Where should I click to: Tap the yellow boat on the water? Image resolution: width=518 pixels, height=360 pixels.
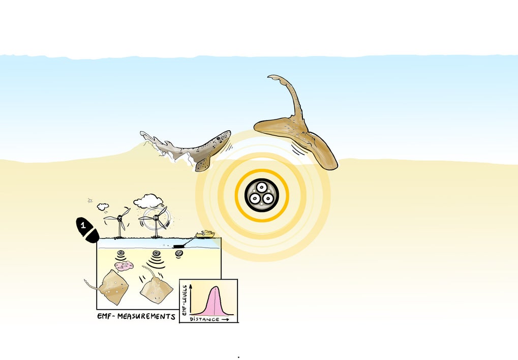click(x=205, y=234)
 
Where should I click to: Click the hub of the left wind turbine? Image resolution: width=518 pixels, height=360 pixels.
click(x=120, y=219)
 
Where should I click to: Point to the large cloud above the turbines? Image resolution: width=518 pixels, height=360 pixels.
click(x=148, y=201)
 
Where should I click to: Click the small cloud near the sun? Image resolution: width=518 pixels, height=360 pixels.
click(x=103, y=206)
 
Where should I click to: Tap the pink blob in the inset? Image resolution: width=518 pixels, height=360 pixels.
click(x=124, y=265)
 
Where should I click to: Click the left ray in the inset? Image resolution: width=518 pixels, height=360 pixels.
click(x=114, y=287)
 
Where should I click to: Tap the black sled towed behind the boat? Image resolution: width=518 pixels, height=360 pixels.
click(x=179, y=246)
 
